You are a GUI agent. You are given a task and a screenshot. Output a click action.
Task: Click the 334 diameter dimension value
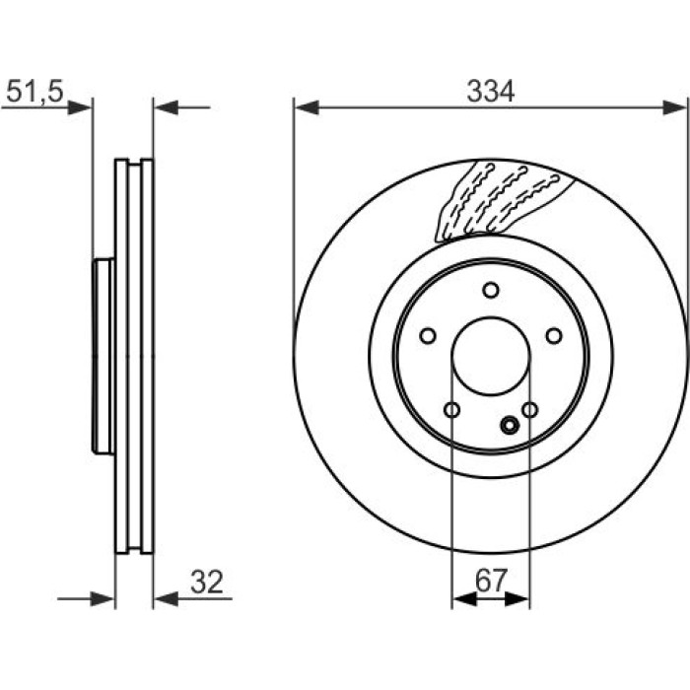[x=490, y=92]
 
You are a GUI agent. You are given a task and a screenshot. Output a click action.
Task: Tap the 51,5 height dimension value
[x=34, y=92]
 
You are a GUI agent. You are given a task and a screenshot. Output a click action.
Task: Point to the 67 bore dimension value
[x=491, y=581]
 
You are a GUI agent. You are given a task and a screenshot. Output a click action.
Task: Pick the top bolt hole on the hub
[x=490, y=291]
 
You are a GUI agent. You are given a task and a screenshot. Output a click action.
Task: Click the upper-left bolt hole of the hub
[x=428, y=336]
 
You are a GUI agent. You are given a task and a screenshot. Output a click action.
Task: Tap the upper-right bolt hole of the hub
[x=554, y=336]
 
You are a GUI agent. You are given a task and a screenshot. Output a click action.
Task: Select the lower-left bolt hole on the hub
[x=451, y=410]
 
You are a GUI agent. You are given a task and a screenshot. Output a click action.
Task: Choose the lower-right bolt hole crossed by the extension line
[x=530, y=410]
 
